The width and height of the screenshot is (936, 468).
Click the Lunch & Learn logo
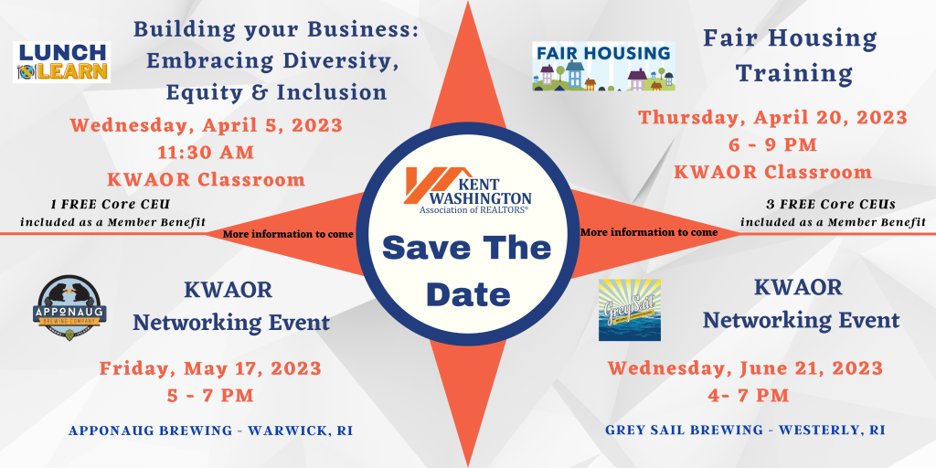tap(61, 62)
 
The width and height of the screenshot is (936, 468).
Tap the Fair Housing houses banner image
tap(603, 66)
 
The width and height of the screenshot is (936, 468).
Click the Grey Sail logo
tap(630, 310)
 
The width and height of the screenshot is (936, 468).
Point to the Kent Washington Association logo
tap(468, 190)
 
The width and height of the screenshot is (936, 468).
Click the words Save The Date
tap(468, 271)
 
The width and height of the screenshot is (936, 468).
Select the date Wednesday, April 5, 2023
tap(207, 125)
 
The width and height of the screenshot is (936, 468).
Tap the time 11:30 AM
tap(206, 153)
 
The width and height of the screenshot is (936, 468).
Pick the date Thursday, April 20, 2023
tap(773, 117)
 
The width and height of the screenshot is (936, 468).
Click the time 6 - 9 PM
tap(772, 144)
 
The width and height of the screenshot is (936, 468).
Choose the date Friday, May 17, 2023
tap(211, 368)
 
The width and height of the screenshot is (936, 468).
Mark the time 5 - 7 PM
tap(210, 395)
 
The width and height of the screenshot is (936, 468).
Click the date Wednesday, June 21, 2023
tap(746, 367)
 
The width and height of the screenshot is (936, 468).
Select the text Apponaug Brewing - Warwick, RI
tap(211, 431)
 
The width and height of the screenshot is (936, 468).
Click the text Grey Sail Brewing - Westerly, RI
tap(745, 430)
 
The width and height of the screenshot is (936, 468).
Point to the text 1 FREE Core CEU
tap(111, 205)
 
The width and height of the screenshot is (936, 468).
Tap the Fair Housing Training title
tap(791, 56)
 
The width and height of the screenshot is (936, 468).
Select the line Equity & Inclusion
tap(276, 92)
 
